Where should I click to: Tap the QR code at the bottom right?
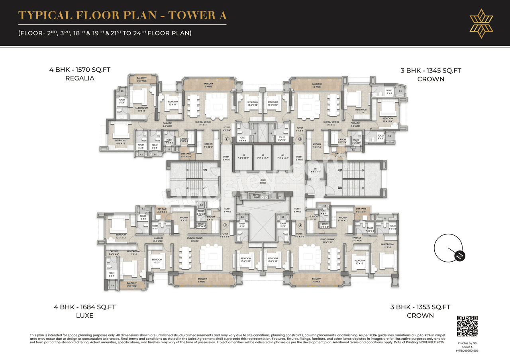coord(467,327)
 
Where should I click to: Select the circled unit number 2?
coord(226,139)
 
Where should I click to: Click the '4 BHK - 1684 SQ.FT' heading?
coord(85,307)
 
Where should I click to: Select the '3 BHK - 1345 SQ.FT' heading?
coord(431,71)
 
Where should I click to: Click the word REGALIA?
coord(80,78)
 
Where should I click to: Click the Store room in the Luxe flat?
coord(201,225)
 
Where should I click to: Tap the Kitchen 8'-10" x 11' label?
coord(343,219)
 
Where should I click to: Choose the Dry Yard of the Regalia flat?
coord(186,155)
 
